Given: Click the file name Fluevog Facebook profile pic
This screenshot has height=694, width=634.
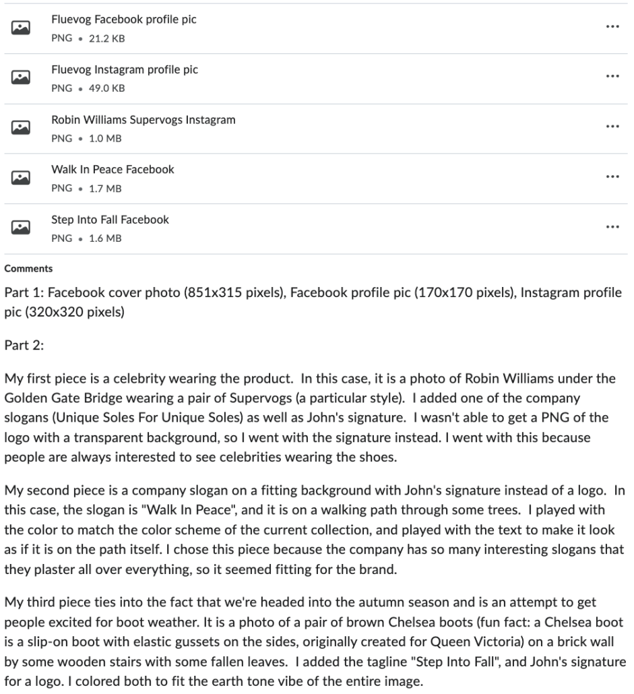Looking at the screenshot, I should [124, 20].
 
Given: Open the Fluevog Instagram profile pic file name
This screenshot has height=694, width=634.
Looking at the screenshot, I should [125, 69].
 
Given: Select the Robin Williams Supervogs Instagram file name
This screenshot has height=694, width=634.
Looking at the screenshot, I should [144, 120].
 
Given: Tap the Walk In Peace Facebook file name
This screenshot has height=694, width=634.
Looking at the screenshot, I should [113, 170].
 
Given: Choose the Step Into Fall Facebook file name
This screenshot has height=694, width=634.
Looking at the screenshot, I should [110, 220].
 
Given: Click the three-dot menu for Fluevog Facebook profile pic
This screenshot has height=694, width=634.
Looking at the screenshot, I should [612, 27].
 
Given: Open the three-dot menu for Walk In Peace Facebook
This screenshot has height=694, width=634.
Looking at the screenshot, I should [612, 177].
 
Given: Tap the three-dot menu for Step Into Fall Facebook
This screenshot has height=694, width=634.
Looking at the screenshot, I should [612, 227].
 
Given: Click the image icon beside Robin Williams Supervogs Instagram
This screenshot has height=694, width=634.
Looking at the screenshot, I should [21, 127].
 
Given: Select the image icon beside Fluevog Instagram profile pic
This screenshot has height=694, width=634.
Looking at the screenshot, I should [21, 77].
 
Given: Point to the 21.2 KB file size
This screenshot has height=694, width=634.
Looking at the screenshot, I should [106, 39].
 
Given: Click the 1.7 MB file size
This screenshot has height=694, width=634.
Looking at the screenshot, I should [105, 189].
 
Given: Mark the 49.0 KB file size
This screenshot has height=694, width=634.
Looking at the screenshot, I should [106, 89].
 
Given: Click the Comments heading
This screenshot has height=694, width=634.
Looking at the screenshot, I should [28, 269].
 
